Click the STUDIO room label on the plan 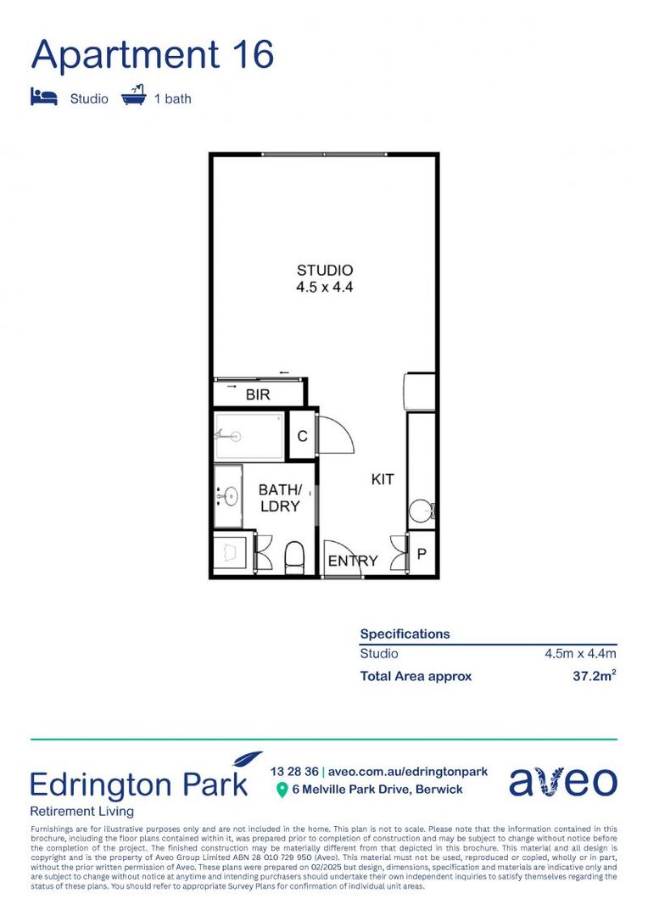click(324, 271)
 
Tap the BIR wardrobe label click(258, 395)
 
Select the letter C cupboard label click(302, 437)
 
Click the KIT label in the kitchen click(383, 479)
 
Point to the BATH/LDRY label click(280, 498)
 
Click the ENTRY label click(353, 561)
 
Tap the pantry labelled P click(422, 554)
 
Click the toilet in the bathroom click(294, 557)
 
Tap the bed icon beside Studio click(44, 97)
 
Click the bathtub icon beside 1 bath click(134, 96)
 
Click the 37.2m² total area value click(594, 676)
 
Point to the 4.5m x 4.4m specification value click(580, 654)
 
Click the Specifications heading click(405, 634)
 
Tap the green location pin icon click(282, 790)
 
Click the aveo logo click(563, 781)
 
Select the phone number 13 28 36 click(294, 772)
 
